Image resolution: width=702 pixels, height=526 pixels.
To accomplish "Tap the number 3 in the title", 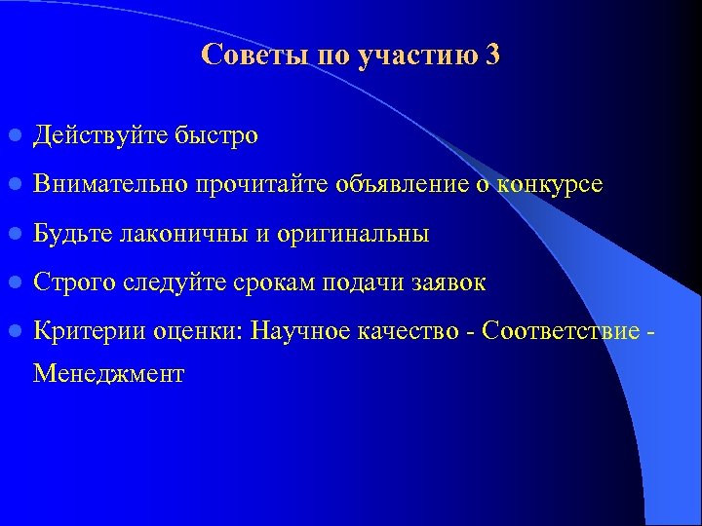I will [x=491, y=55].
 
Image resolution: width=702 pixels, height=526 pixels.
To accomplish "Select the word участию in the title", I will [x=417, y=56].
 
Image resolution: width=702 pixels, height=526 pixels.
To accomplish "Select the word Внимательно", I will [x=110, y=183].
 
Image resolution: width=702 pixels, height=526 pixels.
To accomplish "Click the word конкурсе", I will [x=550, y=183].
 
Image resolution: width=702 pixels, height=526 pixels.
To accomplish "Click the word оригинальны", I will [x=353, y=235].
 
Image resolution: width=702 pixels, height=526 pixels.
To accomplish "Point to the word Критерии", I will [x=89, y=332].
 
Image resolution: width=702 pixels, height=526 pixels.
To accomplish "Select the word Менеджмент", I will [x=108, y=373].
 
